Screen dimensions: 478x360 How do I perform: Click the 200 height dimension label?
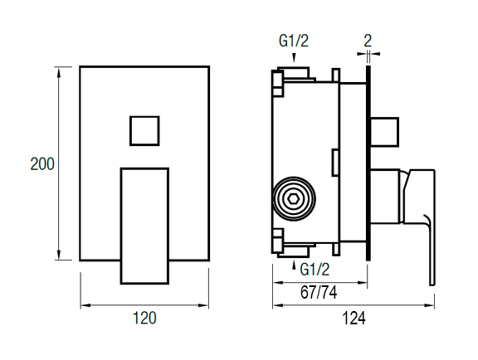point(42,164)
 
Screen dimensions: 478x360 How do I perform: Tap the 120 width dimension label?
point(144,318)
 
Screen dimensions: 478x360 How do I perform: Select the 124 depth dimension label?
point(354,319)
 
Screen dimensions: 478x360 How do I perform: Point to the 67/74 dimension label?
point(319,293)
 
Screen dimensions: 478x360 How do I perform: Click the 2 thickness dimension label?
point(368,41)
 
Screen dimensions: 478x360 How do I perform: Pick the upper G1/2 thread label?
point(294,41)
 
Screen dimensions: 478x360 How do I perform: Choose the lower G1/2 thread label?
point(315,270)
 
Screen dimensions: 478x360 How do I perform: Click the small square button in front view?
point(144,131)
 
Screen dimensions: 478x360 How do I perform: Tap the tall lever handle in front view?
point(144,226)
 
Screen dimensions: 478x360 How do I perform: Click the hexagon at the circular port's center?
point(294,199)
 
